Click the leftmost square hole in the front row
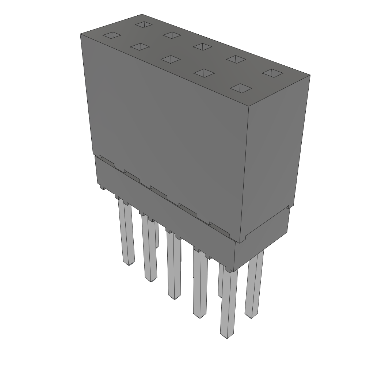pyautogui.click(x=112, y=35)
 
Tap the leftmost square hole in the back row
pyautogui.click(x=144, y=24)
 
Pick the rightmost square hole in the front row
pyautogui.click(x=241, y=88)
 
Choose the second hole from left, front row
pyautogui.click(x=140, y=47)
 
